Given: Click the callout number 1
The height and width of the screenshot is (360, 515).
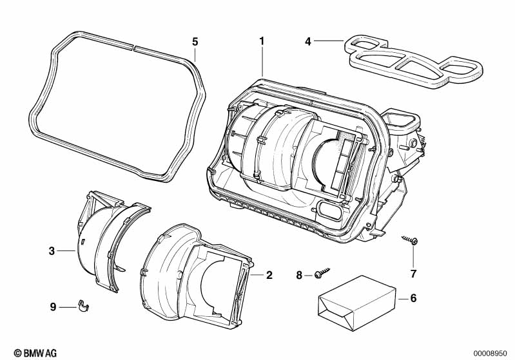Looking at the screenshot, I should [262, 41].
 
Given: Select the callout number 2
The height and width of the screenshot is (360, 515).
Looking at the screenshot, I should [269, 275].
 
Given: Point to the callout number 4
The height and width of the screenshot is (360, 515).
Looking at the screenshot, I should [308, 41].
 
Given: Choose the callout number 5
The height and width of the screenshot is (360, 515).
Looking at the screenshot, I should [195, 41].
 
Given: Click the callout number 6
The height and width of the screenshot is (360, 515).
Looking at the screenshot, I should [413, 298].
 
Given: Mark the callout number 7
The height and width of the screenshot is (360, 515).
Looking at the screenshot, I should [413, 273].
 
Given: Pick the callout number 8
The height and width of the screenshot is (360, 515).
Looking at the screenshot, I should [299, 275].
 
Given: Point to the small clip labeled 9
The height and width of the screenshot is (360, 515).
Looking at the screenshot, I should [83, 305].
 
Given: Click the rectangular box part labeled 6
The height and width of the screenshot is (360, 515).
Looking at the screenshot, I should [358, 301].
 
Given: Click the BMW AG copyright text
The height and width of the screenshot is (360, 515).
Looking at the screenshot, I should [30, 353].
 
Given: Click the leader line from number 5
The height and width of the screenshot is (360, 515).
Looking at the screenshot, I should [195, 54].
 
